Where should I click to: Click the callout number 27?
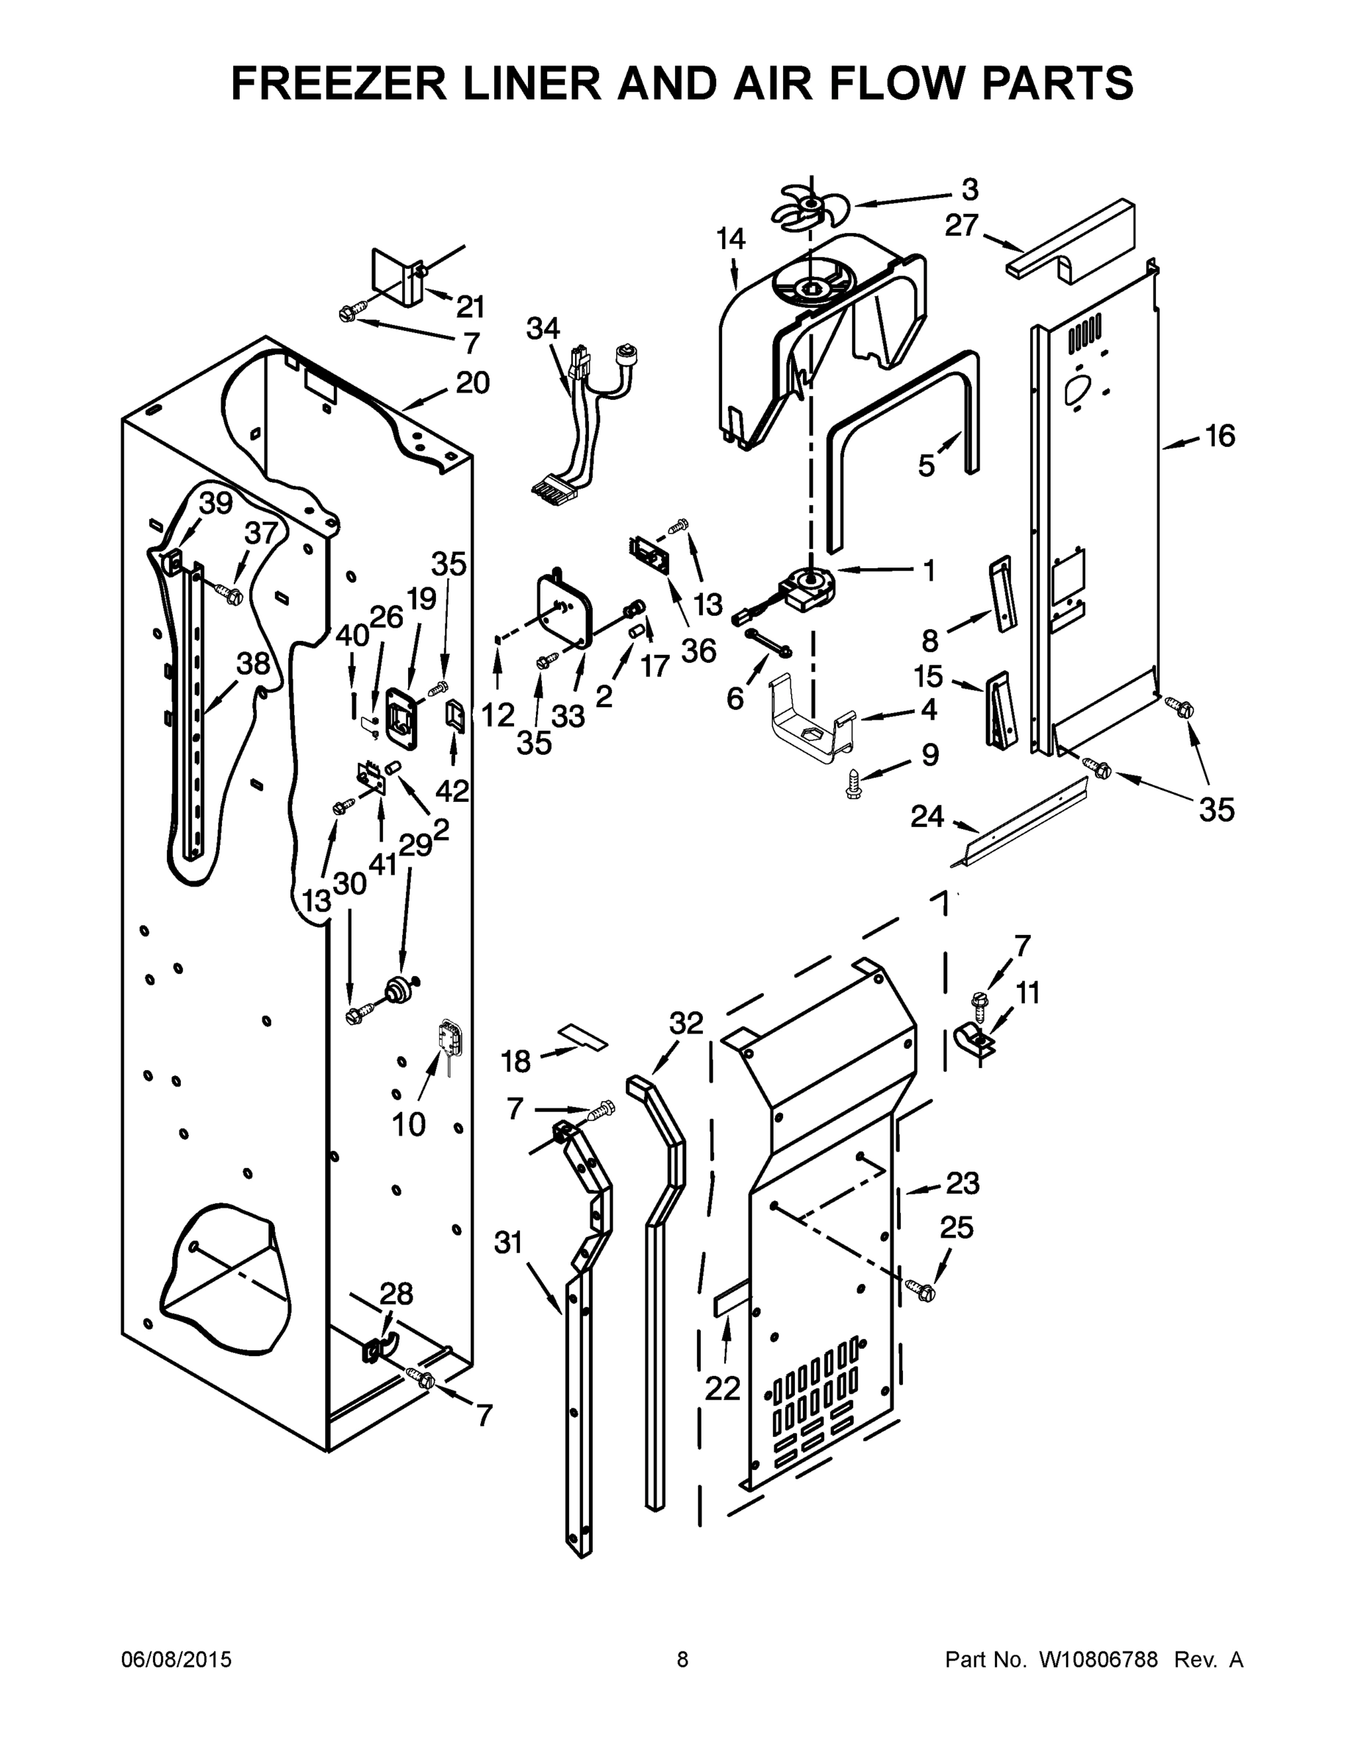[962, 226]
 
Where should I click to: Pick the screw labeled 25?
[921, 1291]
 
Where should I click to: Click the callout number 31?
[508, 1244]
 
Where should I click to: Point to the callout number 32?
[686, 1023]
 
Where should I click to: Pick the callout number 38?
[252, 664]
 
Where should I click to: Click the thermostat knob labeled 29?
[399, 989]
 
